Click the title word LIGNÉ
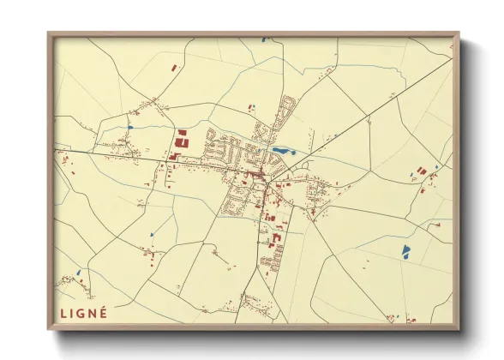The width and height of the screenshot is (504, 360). pyautogui.click(x=84, y=313)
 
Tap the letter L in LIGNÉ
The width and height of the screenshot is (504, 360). pyautogui.click(x=63, y=313)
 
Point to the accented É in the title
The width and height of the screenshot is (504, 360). pyautogui.click(x=104, y=312)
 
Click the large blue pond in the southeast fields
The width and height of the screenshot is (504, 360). pyautogui.click(x=405, y=251)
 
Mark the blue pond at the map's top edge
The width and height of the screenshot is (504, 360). pyautogui.click(x=265, y=39)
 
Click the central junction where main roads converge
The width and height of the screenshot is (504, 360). pyautogui.click(x=267, y=182)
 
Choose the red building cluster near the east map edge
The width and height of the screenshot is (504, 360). pyautogui.click(x=426, y=175)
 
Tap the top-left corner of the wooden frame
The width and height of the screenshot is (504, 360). pyautogui.click(x=49, y=34)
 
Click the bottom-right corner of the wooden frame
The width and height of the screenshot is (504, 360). pyautogui.click(x=459, y=330)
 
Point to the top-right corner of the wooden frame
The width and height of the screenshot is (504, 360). pyautogui.click(x=459, y=34)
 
